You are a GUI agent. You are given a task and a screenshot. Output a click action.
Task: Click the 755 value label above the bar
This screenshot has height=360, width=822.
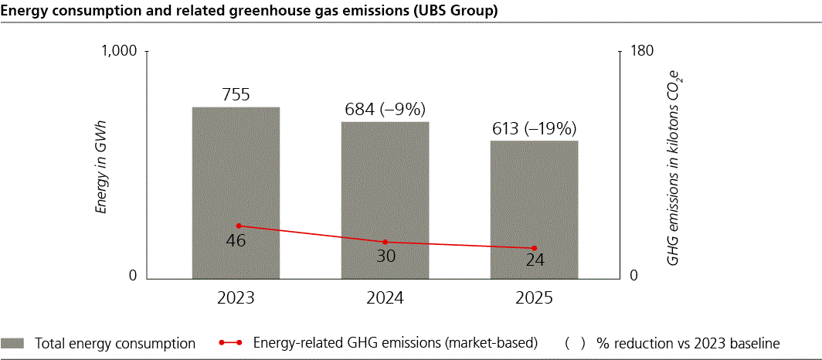[x=236, y=95]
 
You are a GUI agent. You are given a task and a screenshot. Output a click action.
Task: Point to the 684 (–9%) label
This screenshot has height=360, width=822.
[x=386, y=110]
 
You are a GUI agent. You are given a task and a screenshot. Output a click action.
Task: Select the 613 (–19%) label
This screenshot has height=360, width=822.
[x=534, y=128]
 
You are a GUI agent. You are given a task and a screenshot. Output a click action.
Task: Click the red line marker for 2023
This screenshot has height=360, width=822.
[x=239, y=226]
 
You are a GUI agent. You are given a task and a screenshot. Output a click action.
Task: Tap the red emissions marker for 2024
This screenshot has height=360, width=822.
[x=386, y=243]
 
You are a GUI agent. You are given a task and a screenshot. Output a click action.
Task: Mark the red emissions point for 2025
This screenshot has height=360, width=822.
[x=534, y=248]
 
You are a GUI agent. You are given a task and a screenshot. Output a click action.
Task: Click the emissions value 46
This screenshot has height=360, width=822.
[x=236, y=240]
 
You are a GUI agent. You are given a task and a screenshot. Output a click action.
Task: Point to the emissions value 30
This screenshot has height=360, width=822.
[x=386, y=256]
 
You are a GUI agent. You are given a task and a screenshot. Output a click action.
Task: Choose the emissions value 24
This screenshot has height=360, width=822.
[x=534, y=260]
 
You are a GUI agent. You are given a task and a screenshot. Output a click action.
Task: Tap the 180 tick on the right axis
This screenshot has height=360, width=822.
[x=643, y=52]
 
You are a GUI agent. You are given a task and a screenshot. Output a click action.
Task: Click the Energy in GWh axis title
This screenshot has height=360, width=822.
[x=100, y=165]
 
